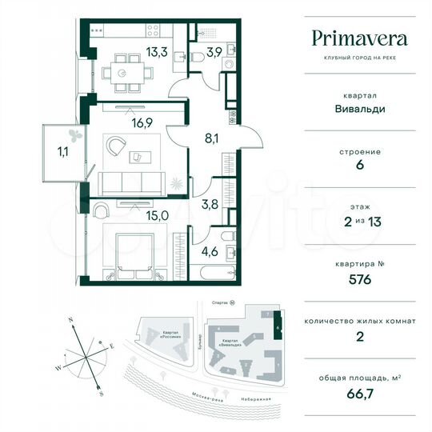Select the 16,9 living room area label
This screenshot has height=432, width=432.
point(144,124)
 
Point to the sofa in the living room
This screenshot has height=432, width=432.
point(132,181)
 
